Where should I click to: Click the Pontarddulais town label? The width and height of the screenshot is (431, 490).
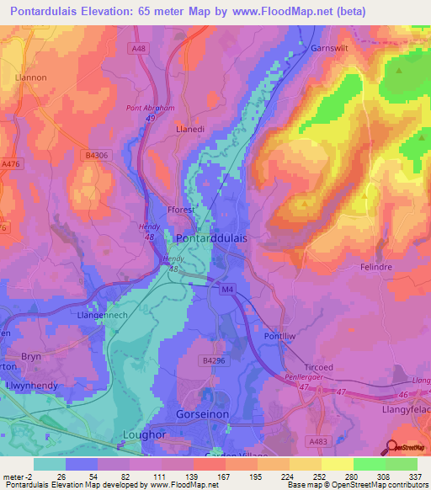211,238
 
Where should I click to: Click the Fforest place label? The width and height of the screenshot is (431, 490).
181,210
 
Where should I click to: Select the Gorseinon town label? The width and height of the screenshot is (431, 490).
205,416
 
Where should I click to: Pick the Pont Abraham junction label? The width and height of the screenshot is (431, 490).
151,109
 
